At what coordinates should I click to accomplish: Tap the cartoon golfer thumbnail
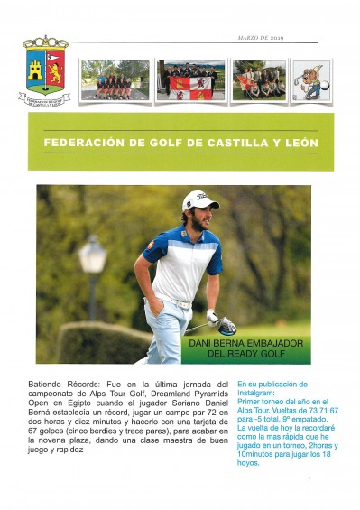[x=311, y=80]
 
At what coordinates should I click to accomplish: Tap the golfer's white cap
[x=199, y=200]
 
